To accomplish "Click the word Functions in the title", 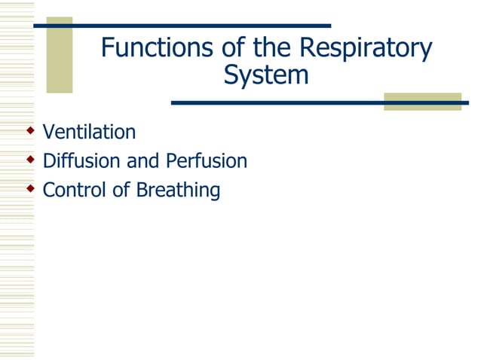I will tap(155, 49).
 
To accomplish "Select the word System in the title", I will tap(266, 76).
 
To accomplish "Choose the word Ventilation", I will tap(89, 133).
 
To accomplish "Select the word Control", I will tap(75, 190).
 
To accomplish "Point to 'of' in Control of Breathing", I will tap(121, 190).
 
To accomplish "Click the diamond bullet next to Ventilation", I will tap(30, 132).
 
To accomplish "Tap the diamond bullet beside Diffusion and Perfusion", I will tap(30, 160).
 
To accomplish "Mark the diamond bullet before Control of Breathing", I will tap(30, 189).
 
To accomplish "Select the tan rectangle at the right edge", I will tap(422, 102).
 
